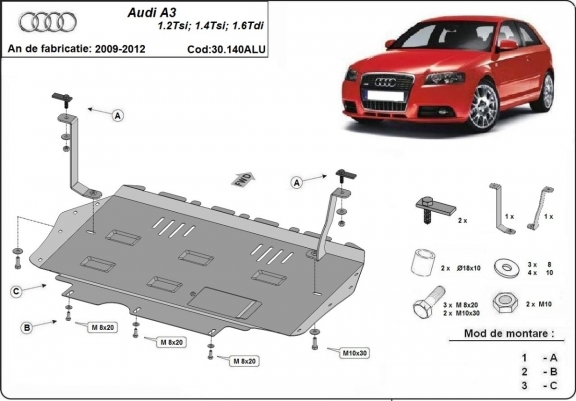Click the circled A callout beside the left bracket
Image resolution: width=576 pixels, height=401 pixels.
coord(117,116)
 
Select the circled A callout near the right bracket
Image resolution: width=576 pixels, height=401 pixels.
coord(297,182)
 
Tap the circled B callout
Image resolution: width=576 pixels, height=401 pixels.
coord(28,327)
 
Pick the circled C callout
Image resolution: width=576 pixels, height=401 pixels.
coord(18,291)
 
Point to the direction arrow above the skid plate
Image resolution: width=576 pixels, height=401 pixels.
coord(241,179)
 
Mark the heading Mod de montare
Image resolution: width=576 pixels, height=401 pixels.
coord(509,333)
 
